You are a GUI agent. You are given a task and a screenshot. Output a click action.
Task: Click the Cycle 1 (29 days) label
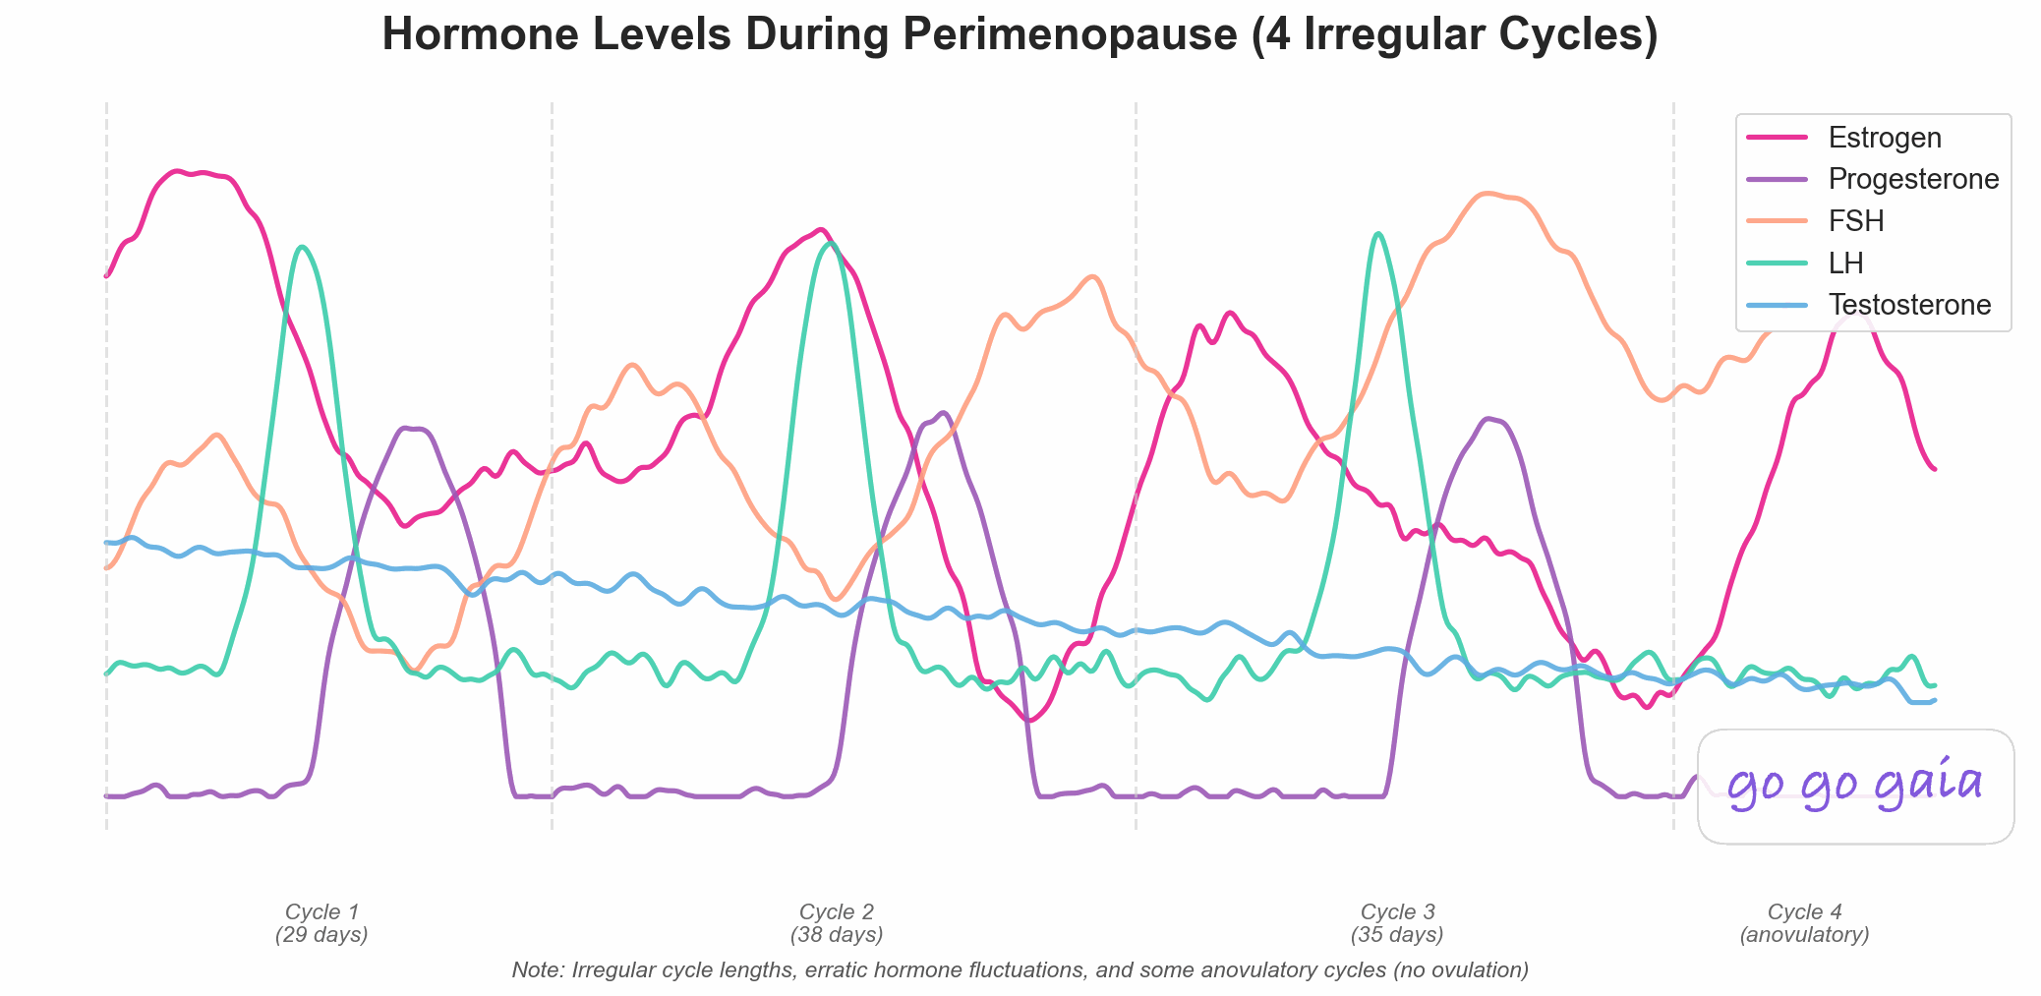[321, 923]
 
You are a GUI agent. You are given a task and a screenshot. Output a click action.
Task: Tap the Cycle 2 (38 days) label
[837, 923]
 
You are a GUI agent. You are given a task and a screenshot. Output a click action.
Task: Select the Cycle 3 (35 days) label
[1397, 923]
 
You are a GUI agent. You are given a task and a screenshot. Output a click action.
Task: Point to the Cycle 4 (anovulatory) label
[1804, 923]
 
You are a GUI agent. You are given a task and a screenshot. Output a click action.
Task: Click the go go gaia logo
[1855, 786]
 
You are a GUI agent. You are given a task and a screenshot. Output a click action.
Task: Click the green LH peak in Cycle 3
[1378, 234]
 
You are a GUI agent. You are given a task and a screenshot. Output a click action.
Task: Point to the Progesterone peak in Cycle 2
[943, 413]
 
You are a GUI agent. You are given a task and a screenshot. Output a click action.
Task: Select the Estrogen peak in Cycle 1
[178, 171]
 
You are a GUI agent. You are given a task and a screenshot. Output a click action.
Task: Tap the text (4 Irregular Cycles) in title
[1456, 35]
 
